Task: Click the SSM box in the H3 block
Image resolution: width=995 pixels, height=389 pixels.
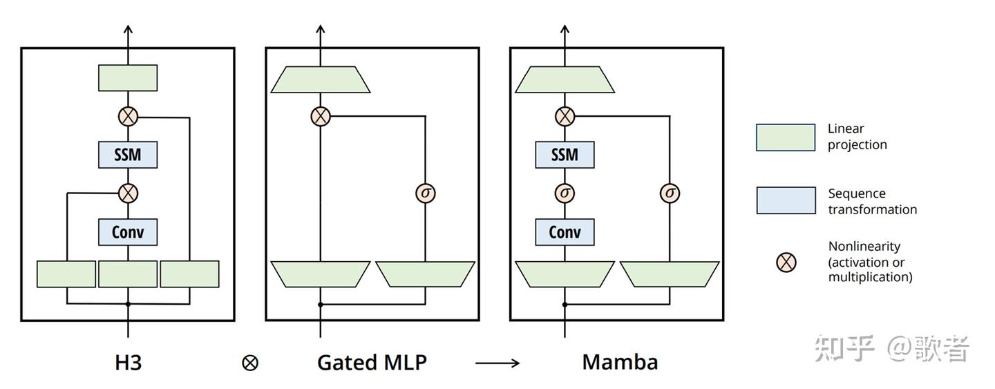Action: pyautogui.click(x=128, y=154)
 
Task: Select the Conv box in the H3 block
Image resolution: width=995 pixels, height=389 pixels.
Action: pyautogui.click(x=128, y=231)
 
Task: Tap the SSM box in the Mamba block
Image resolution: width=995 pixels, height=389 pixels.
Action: pyautogui.click(x=565, y=154)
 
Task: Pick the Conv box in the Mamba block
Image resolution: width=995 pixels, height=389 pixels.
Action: pyautogui.click(x=565, y=231)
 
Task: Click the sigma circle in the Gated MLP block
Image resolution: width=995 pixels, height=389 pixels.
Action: pyautogui.click(x=426, y=193)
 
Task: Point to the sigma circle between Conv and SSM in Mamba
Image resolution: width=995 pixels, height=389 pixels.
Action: pyautogui.click(x=565, y=193)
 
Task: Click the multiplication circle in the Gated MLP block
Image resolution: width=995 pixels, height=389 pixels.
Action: pyautogui.click(x=321, y=116)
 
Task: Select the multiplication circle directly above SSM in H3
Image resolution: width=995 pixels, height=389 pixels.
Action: pyautogui.click(x=128, y=116)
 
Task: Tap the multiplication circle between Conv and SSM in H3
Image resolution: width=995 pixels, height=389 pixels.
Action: pyautogui.click(x=128, y=193)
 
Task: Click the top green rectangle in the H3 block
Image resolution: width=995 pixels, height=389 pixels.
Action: pyautogui.click(x=128, y=78)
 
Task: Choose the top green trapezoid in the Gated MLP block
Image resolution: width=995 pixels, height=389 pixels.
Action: pyautogui.click(x=321, y=79)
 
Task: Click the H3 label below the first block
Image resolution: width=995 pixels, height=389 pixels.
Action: pyautogui.click(x=128, y=362)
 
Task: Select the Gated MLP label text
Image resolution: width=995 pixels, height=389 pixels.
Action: pyautogui.click(x=372, y=362)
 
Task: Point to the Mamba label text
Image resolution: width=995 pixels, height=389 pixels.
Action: pyautogui.click(x=620, y=362)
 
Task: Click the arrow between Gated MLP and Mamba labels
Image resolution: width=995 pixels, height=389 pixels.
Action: pyautogui.click(x=497, y=363)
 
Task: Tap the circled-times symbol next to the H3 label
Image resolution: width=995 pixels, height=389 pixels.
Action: pyautogui.click(x=250, y=363)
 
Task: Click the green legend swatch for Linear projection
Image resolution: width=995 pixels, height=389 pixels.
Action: pyautogui.click(x=786, y=137)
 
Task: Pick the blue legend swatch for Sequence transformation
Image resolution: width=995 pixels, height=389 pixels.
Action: pyautogui.click(x=786, y=200)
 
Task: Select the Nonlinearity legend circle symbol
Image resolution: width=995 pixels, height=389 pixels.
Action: pyautogui.click(x=786, y=262)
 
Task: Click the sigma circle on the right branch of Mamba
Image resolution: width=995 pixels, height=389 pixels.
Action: pyautogui.click(x=670, y=193)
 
